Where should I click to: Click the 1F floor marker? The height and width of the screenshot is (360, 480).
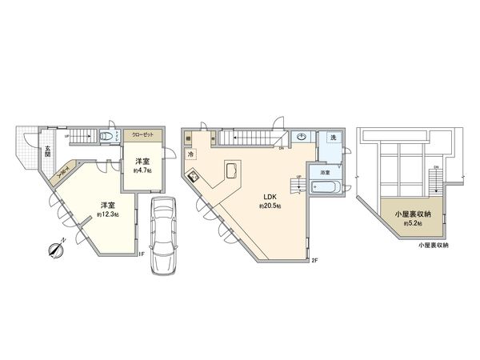point(140,255)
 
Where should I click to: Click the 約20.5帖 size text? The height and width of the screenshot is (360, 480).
point(268,206)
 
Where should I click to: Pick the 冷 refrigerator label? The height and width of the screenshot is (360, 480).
point(193,154)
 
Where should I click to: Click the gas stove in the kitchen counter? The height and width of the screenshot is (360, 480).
point(194,177)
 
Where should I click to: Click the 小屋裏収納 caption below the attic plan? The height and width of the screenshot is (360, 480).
point(433,245)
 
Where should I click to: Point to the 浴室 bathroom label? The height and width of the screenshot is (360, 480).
point(326,173)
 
